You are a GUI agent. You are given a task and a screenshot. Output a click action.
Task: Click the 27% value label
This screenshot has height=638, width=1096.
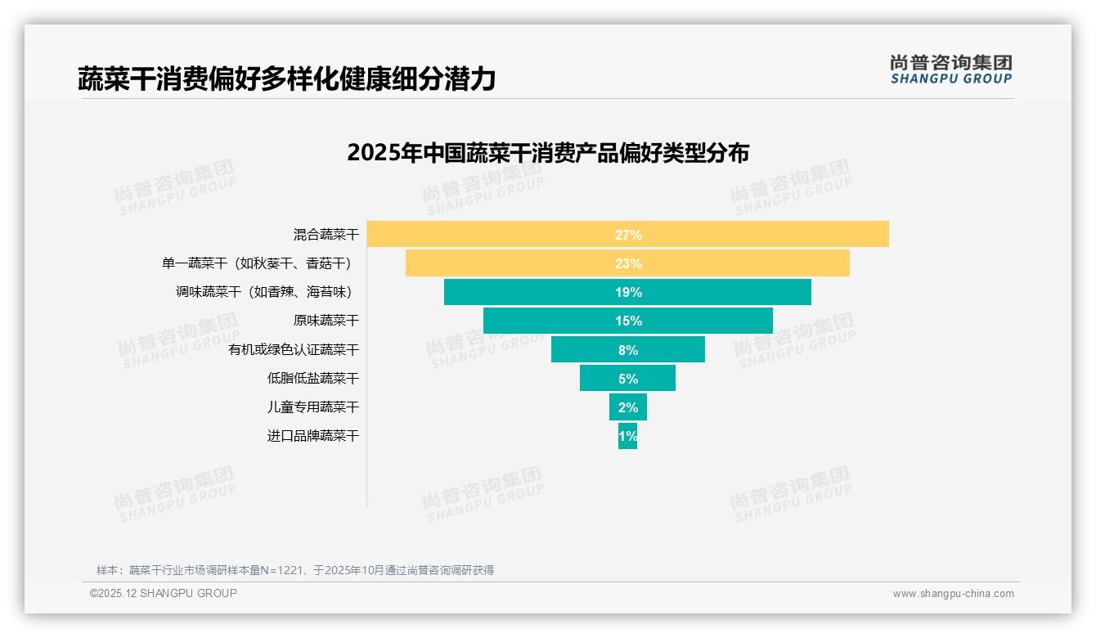click(x=628, y=235)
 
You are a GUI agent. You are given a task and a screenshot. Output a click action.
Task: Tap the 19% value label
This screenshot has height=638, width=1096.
click(x=628, y=292)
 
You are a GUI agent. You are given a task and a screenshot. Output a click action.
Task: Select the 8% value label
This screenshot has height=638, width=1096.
click(x=628, y=350)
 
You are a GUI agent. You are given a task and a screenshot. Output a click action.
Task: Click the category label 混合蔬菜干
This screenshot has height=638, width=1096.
click(x=326, y=235)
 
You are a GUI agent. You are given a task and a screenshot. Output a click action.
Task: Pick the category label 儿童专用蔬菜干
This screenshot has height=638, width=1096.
click(x=312, y=407)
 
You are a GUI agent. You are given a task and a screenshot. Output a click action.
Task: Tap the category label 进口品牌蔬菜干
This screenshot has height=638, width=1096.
click(x=312, y=436)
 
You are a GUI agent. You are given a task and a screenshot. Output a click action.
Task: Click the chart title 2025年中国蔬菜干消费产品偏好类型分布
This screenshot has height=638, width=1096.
click(x=547, y=153)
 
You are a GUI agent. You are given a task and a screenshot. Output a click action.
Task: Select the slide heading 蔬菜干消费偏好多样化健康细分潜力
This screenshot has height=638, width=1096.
click(x=286, y=79)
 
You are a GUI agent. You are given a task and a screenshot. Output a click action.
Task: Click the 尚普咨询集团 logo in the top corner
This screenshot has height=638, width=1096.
click(x=950, y=69)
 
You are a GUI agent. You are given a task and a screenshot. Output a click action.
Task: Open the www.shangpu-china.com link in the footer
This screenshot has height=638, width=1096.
click(x=953, y=594)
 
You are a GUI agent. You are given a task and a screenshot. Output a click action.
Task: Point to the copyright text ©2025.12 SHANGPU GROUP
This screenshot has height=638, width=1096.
click(x=164, y=593)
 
